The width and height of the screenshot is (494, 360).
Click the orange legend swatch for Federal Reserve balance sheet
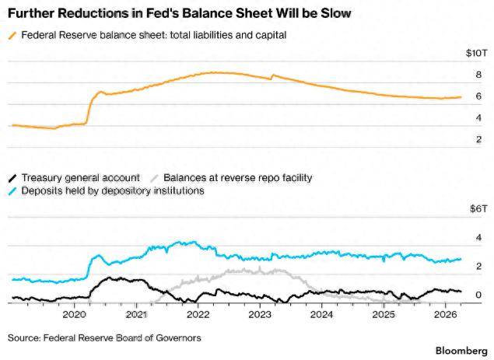pos(12,35)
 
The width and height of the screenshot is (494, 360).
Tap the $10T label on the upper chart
pos(476,53)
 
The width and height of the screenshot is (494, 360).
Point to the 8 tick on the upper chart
pos(479,75)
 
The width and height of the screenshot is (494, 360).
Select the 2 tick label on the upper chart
pos(479,139)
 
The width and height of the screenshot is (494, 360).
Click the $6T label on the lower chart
pos(478,208)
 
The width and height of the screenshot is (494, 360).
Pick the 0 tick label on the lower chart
pos(479,295)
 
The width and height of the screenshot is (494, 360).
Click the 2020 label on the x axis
pos(74,314)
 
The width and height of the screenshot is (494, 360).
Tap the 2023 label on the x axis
pos(260,314)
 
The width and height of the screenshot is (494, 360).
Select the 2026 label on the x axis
pos(445,314)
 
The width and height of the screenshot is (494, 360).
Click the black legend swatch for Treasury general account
pos(12,178)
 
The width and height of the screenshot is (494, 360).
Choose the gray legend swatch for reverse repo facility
pos(154,178)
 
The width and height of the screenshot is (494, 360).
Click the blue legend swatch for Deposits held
pos(12,191)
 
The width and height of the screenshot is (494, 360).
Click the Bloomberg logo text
pos(461,351)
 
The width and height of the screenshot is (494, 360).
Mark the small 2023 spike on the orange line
pos(273,75)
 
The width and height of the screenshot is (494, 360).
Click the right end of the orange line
pos(461,97)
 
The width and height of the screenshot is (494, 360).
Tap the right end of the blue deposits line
pos(461,259)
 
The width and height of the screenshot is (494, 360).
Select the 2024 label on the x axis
pos(321,314)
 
